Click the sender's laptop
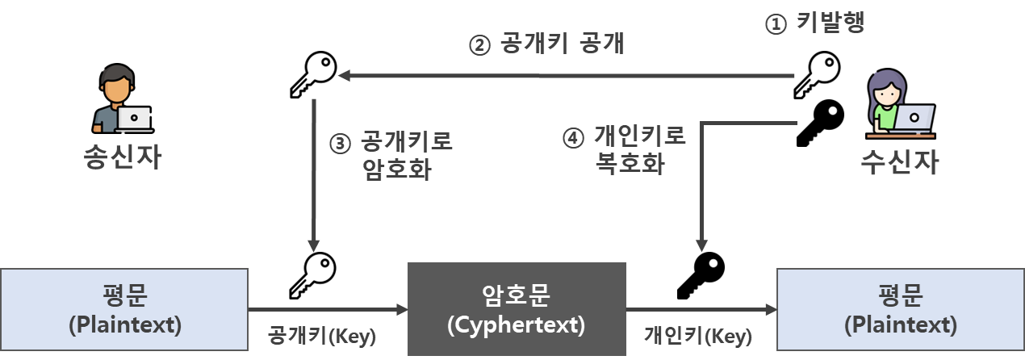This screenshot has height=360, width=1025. (134, 119)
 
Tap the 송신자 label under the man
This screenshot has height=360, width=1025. (122, 157)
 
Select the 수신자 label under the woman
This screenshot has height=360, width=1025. (901, 162)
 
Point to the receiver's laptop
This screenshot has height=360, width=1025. (914, 119)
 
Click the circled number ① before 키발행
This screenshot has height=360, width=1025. (775, 25)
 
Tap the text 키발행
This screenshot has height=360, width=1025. (830, 24)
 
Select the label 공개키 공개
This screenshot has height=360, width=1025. (563, 44)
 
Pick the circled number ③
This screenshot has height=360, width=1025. (340, 144)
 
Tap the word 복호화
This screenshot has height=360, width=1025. (630, 164)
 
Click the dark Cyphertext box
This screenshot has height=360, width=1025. (517, 309)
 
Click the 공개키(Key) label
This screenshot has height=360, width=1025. (321, 335)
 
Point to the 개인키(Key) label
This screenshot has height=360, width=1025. (698, 335)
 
